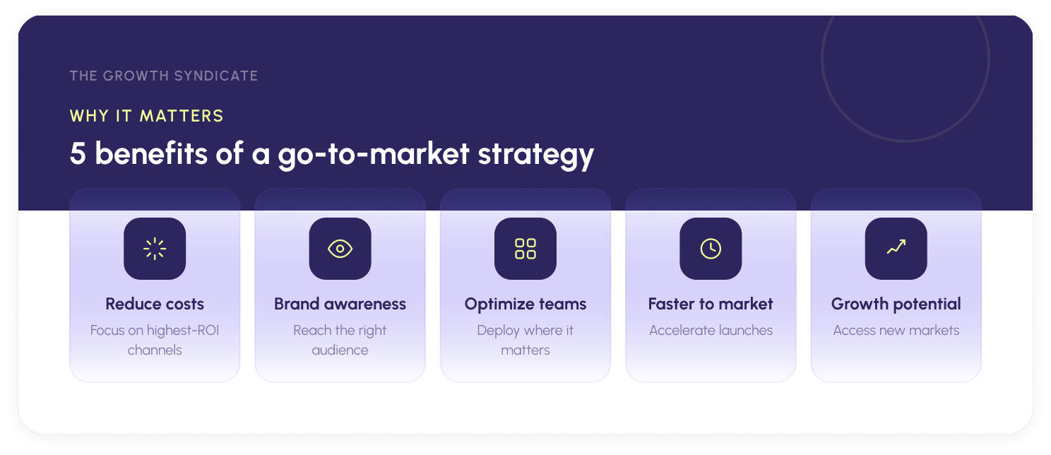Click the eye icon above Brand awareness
[x=340, y=249]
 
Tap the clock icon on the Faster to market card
[x=711, y=249]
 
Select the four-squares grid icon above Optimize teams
[x=525, y=249]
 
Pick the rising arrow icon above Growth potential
[x=896, y=247]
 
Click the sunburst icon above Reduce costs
[x=155, y=249]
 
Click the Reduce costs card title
[x=155, y=304]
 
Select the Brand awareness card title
[x=340, y=304]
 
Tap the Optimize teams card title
[x=525, y=304]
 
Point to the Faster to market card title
[x=711, y=304]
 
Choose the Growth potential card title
[x=896, y=304]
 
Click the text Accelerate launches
[x=711, y=330]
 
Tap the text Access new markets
[x=896, y=330]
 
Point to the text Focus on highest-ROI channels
[x=155, y=340]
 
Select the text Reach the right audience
[x=340, y=340]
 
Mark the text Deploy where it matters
[x=525, y=340]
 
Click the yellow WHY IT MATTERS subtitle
[x=147, y=116]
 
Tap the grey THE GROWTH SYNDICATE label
[x=164, y=76]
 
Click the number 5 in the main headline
[x=78, y=154]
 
